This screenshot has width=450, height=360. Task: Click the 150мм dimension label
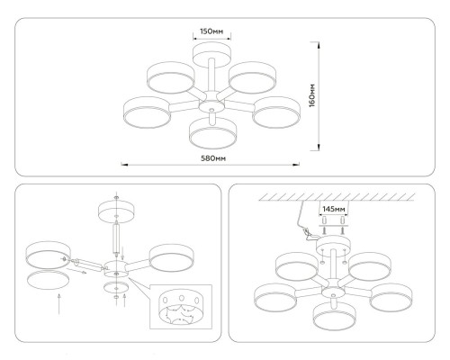(x=211, y=31)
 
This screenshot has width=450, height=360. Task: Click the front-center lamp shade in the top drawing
(x=211, y=131)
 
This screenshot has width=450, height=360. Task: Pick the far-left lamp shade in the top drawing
(x=148, y=111)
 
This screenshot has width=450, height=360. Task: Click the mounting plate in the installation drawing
(x=333, y=242)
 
